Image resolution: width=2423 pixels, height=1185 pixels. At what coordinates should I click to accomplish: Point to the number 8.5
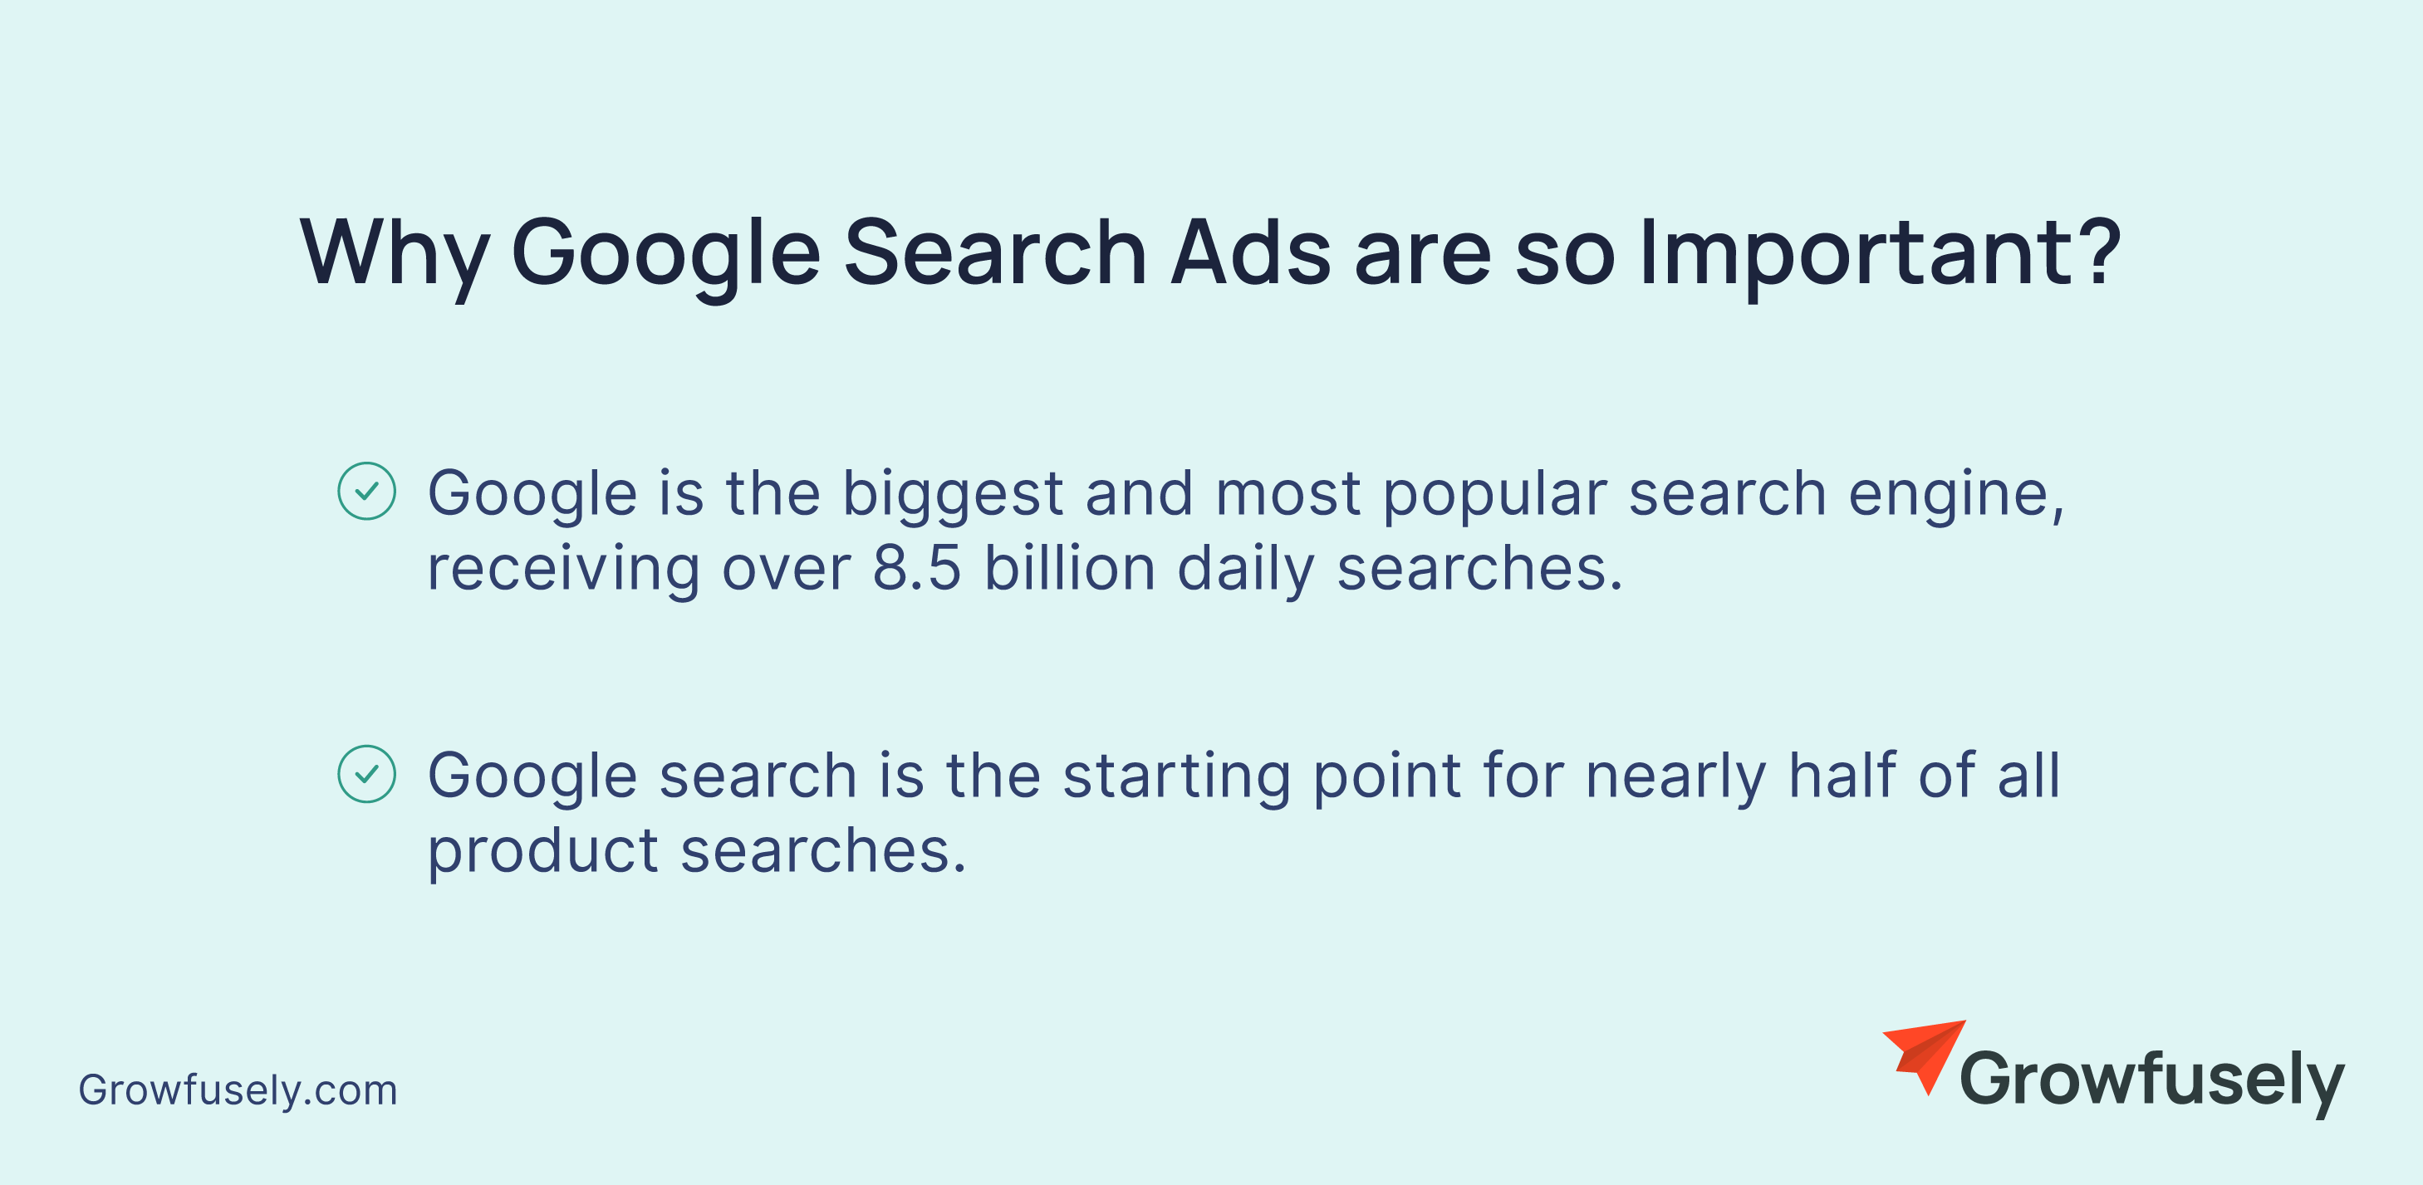917,568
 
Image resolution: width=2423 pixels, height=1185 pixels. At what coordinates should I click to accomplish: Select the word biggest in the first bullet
953,497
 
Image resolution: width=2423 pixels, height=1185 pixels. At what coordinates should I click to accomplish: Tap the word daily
1245,570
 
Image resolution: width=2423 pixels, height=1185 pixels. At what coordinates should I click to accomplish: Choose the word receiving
563,570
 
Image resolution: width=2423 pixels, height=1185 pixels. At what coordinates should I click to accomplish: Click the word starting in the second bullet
1175,779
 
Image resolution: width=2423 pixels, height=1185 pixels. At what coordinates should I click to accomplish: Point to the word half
1842,775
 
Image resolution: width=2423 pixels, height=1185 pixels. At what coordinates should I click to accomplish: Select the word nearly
1675,779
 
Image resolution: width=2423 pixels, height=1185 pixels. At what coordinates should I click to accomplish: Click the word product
542,853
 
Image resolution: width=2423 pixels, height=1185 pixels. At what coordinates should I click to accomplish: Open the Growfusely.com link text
238,1091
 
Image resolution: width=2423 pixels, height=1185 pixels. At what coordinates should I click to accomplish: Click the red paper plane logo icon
1924,1057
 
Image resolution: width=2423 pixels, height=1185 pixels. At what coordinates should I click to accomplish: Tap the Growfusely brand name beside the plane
2151,1081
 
